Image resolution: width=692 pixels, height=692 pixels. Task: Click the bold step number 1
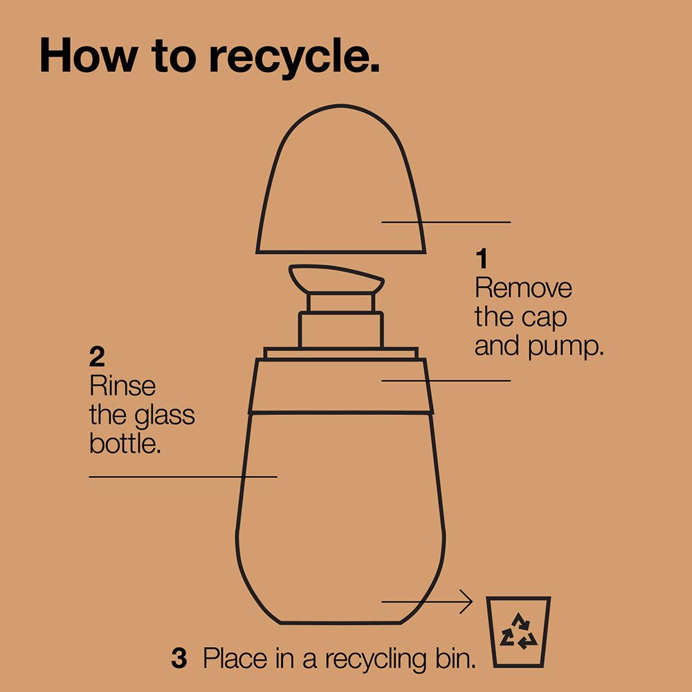(x=482, y=259)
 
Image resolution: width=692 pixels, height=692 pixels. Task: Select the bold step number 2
(x=97, y=357)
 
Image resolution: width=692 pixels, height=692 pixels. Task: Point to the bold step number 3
(x=179, y=658)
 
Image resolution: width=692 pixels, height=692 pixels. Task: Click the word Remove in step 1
(x=523, y=288)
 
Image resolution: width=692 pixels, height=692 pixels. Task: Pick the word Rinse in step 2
(x=122, y=386)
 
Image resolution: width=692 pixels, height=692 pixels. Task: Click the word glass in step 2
(x=165, y=417)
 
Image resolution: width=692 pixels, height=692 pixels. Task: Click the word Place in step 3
(x=235, y=659)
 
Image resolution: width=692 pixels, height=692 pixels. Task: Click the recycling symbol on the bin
(x=518, y=631)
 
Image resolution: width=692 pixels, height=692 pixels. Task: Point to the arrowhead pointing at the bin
(x=468, y=601)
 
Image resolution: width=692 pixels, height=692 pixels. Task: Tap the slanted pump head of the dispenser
(x=336, y=279)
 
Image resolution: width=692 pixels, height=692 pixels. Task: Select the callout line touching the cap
(x=446, y=222)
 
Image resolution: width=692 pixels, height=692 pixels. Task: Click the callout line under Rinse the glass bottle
(x=183, y=477)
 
